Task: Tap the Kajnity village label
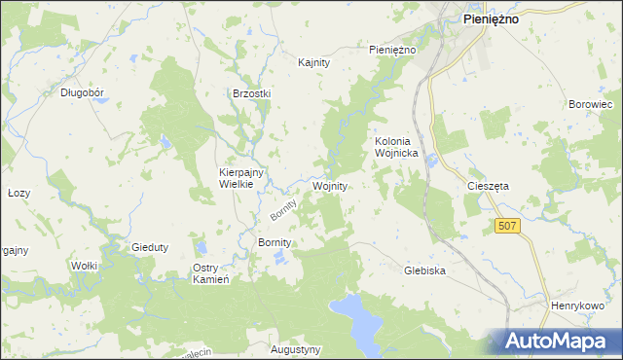[x=314, y=62]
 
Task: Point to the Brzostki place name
[x=251, y=93]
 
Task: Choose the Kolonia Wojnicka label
[x=397, y=147]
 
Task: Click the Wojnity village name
[x=330, y=185]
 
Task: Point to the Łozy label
[x=19, y=193]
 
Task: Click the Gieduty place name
[x=150, y=247]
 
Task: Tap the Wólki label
[x=84, y=265]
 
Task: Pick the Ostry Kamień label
[x=210, y=273]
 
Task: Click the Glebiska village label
[x=424, y=271]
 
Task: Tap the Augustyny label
[x=294, y=348]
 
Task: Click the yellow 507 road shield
[x=506, y=226]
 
